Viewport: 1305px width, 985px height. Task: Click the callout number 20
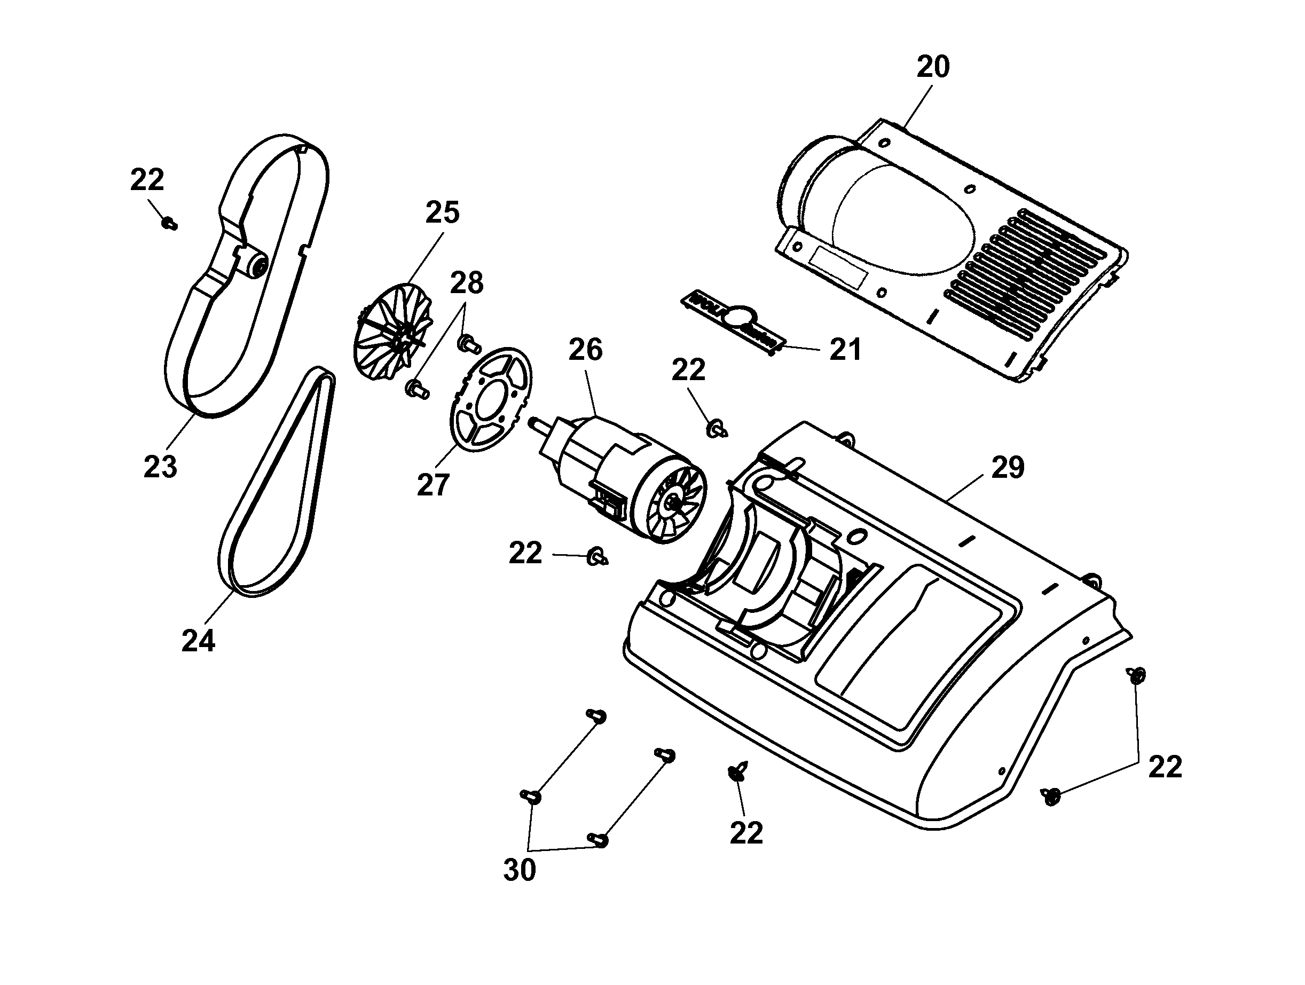[x=933, y=67]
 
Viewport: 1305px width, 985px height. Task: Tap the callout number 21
[x=845, y=350]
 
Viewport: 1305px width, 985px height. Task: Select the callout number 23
[x=160, y=467]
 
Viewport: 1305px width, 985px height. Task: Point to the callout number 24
[x=198, y=641]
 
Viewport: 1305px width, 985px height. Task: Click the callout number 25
[x=443, y=213]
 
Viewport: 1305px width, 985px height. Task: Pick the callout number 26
[x=585, y=350]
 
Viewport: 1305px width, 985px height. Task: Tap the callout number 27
[x=433, y=485]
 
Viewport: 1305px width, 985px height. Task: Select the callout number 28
[x=467, y=283]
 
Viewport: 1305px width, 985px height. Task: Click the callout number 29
[x=1008, y=468]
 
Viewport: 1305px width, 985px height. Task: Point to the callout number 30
[x=519, y=871]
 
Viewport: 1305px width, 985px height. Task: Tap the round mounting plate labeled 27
[x=490, y=401]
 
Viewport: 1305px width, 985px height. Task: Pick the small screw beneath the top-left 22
[x=170, y=224]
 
